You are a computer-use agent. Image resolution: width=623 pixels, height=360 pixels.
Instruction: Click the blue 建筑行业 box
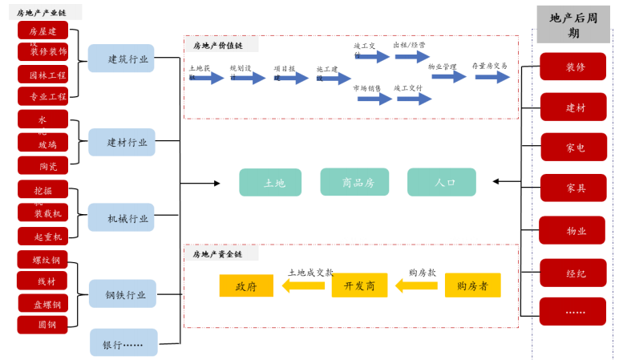[121, 59]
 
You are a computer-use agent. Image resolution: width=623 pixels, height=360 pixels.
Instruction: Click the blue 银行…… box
[123, 343]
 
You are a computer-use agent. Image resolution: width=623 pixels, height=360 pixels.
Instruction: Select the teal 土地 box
[270, 183]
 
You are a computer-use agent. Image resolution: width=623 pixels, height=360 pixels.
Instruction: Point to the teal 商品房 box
[354, 183]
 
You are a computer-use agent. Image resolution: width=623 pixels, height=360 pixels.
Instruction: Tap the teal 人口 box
[441, 183]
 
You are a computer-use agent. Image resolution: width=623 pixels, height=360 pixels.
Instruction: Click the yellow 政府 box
[246, 286]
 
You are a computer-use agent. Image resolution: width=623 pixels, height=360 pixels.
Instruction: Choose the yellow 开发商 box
[359, 286]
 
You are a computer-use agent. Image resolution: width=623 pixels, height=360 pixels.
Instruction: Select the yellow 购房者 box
[472, 286]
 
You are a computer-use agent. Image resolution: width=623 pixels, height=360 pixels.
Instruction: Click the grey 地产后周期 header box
[573, 24]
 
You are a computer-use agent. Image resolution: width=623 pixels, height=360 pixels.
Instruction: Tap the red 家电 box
[572, 148]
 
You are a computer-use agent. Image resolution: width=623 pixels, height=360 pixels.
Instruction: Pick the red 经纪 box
[572, 273]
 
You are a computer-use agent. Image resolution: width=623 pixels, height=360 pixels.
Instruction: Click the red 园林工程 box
[43, 75]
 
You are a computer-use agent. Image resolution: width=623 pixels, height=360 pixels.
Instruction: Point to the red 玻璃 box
[43, 144]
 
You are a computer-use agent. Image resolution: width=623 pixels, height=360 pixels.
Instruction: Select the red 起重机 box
[43, 237]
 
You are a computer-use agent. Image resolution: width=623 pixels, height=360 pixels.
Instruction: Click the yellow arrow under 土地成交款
[303, 286]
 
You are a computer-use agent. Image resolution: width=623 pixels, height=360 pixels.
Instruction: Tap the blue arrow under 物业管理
[449, 77]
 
